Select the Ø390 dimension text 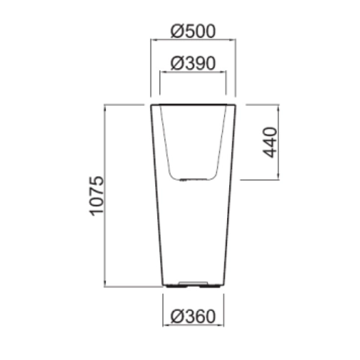tap(193, 63)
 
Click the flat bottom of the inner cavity tap(193, 179)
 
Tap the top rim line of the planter tap(193, 105)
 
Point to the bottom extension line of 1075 tap(124, 286)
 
